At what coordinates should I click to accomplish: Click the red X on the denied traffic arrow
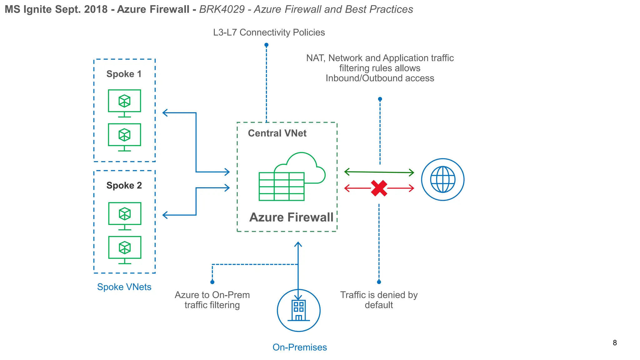coord(379,188)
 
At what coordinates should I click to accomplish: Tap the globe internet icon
coord(442,180)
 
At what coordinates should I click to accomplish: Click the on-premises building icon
coord(298,310)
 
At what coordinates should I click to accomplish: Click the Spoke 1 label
coord(124,74)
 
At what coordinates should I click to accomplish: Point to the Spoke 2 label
coord(124,185)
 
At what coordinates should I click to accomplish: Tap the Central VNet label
coord(277,133)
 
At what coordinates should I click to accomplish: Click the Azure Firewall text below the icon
coord(291,217)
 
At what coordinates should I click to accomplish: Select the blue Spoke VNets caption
coord(124,287)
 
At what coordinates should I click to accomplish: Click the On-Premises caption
coord(299,347)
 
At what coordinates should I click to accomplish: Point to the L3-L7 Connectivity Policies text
coord(269,32)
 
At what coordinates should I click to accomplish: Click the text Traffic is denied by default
coord(379,300)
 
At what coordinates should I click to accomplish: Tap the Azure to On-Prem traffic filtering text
coord(212,300)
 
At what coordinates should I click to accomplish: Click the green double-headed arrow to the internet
coord(379,172)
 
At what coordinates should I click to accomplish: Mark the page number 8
coord(615,343)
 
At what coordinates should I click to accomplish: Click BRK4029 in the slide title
coord(222,9)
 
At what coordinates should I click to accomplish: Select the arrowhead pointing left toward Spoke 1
coord(165,113)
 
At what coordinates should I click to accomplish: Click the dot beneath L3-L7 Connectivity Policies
coord(266,45)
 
